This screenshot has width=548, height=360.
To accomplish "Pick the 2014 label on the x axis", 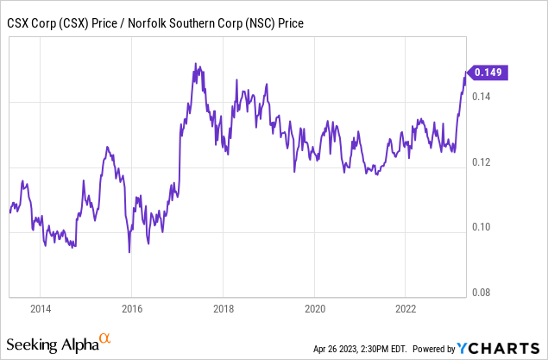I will pyautogui.click(x=40, y=307).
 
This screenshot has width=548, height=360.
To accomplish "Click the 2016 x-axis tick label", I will pyautogui.click(x=131, y=307).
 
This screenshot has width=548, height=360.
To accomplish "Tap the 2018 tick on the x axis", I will pyautogui.click(x=223, y=307).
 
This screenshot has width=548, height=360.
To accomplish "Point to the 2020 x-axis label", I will pyautogui.click(x=315, y=307).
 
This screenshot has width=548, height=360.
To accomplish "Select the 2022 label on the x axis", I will pyautogui.click(x=406, y=307).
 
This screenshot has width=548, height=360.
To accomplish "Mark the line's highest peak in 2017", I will pyautogui.click(x=195, y=63).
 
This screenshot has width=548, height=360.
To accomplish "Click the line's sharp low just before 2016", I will pyautogui.click(x=129, y=252).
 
